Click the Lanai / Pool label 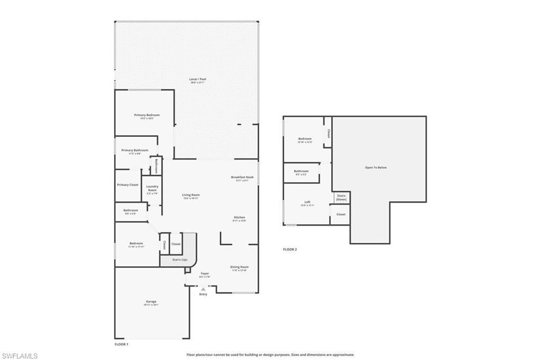[198, 79]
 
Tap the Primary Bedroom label [147, 115]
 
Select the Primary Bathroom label [135, 151]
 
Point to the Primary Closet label [127, 185]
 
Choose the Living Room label [191, 196]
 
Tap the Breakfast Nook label [242, 178]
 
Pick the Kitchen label [239, 218]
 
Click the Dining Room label [239, 267]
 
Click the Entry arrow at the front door [203, 289]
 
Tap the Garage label [151, 302]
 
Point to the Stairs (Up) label [180, 260]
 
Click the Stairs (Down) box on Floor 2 [341, 197]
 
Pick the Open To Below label [376, 168]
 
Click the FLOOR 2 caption [290, 249]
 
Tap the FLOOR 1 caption [122, 344]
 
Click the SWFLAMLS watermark [20, 356]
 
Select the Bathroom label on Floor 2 [301, 172]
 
